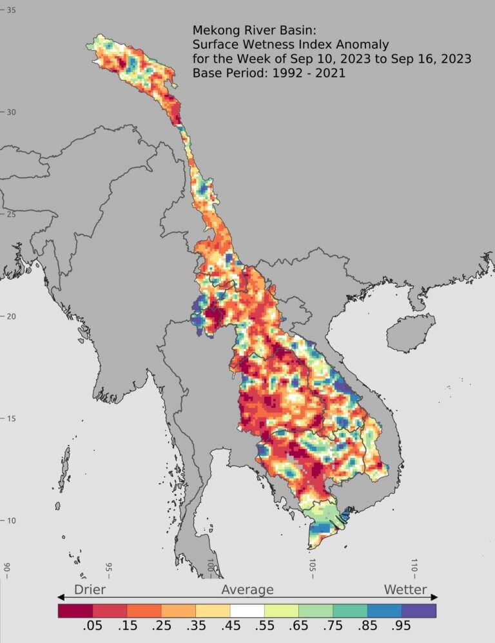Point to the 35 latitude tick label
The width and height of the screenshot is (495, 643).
(12, 10)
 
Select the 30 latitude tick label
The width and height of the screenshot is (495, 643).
(12, 112)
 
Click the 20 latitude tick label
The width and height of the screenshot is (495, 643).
(12, 316)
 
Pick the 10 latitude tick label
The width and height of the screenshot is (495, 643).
(12, 520)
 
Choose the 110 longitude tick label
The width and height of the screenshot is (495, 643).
(414, 567)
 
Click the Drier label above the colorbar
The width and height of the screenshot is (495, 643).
(90, 589)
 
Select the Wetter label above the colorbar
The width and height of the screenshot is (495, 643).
(405, 589)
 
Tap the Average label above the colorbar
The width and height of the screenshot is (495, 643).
(247, 589)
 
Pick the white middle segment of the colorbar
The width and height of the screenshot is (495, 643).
(247, 610)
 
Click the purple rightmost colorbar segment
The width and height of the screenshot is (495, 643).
(418, 610)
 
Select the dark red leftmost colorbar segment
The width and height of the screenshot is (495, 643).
(75, 610)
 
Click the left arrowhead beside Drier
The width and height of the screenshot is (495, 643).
(61, 597)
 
